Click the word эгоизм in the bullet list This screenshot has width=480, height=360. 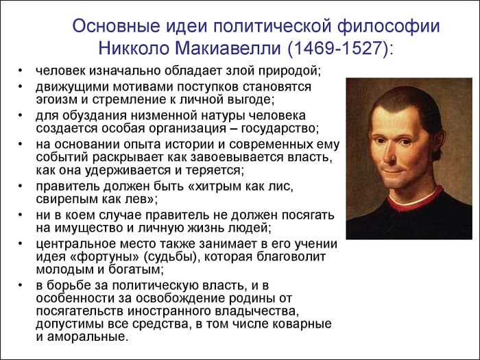coord(58,99)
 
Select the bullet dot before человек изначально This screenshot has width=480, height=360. coord(21,71)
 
